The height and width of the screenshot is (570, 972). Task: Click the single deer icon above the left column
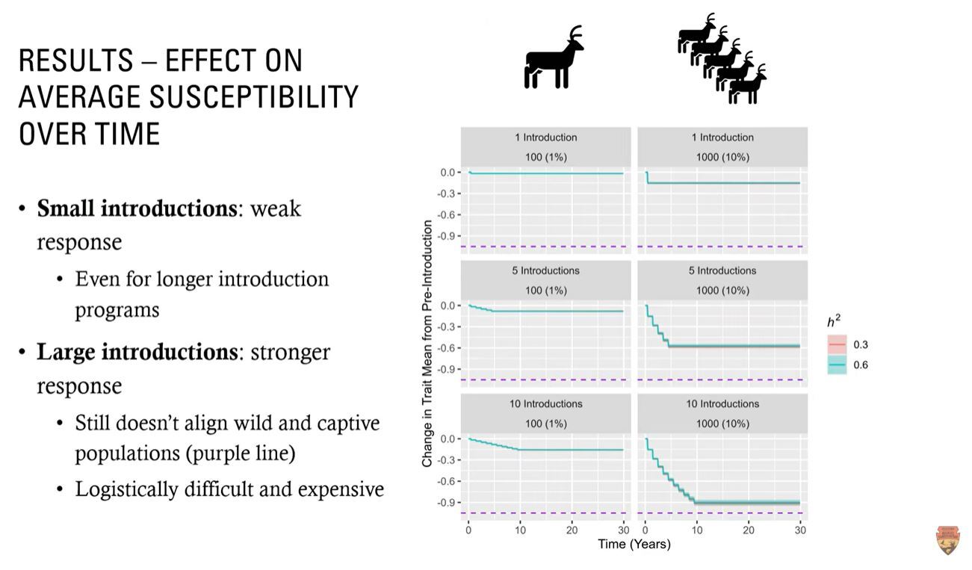pyautogui.click(x=554, y=59)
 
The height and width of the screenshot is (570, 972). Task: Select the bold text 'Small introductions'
pyautogui.click(x=137, y=208)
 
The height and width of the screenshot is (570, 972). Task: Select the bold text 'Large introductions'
pyautogui.click(x=137, y=352)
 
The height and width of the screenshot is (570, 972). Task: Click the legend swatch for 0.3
pyautogui.click(x=836, y=345)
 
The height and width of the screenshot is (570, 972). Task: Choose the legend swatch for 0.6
pyautogui.click(x=836, y=365)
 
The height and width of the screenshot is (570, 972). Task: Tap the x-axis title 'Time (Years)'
pyautogui.click(x=634, y=545)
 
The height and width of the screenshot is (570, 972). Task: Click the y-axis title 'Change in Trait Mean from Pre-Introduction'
pyautogui.click(x=427, y=344)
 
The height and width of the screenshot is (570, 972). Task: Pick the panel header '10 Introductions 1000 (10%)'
pyautogui.click(x=722, y=413)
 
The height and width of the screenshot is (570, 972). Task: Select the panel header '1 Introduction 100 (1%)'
pyautogui.click(x=545, y=147)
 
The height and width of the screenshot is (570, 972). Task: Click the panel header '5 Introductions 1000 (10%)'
pyautogui.click(x=722, y=280)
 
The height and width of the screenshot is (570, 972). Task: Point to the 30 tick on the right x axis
pyautogui.click(x=799, y=530)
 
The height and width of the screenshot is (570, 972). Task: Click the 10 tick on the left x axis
pyautogui.click(x=520, y=530)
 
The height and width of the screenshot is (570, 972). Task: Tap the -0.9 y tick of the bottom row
pyautogui.click(x=448, y=502)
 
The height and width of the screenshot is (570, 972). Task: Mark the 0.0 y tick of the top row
pyautogui.click(x=448, y=173)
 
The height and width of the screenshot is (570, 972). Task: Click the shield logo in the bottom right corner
pyautogui.click(x=947, y=540)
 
